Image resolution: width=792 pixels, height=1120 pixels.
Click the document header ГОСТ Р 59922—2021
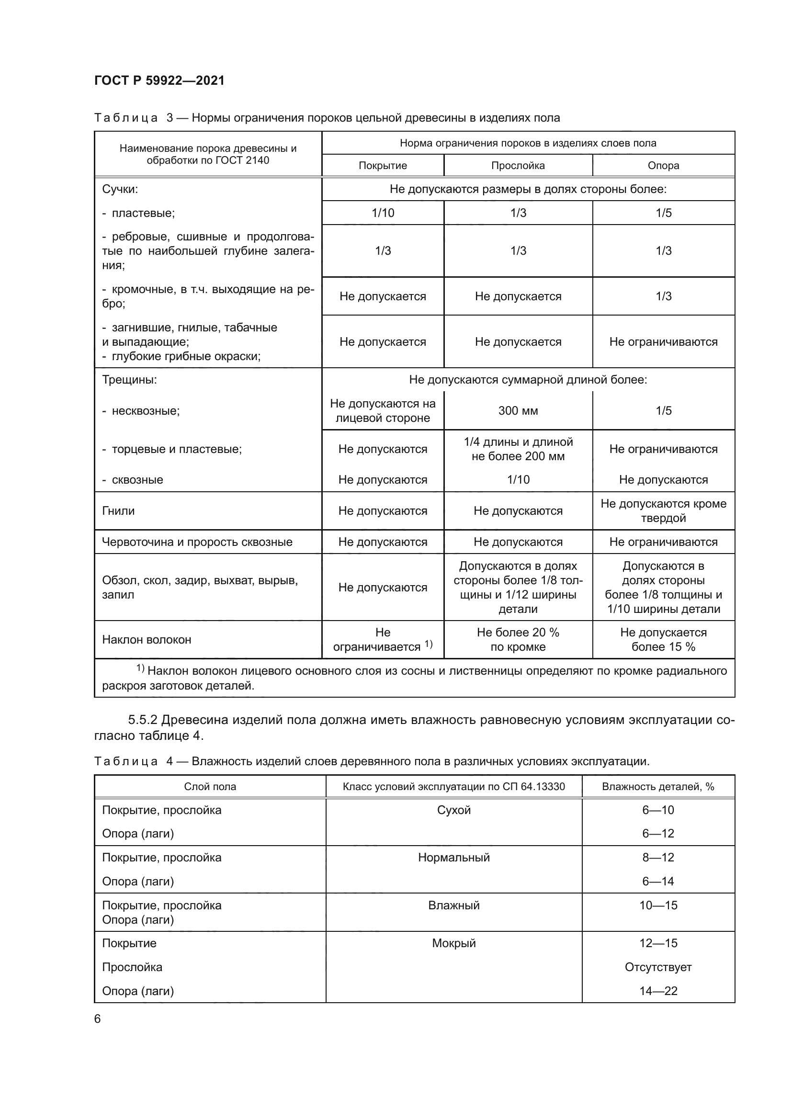click(159, 80)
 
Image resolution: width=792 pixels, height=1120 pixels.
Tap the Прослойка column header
click(518, 165)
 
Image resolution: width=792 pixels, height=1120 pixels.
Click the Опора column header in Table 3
click(663, 165)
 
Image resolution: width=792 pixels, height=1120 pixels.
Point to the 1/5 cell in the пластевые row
click(663, 213)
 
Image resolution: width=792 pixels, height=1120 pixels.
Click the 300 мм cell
click(518, 411)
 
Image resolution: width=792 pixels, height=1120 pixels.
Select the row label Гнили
click(118, 511)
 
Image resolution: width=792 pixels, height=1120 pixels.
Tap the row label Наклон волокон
click(147, 640)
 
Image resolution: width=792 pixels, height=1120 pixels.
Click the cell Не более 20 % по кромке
click(518, 640)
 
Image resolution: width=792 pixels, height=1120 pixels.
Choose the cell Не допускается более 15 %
click(663, 640)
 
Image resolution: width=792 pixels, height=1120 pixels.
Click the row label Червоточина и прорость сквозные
click(197, 542)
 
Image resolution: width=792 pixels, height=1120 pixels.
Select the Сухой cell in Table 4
click(453, 810)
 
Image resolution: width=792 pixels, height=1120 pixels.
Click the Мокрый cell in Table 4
click(453, 943)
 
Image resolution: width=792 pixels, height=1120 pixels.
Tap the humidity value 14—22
click(658, 991)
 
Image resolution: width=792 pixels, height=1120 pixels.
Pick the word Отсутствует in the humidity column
click(658, 967)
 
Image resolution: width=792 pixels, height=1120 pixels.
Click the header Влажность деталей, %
click(658, 786)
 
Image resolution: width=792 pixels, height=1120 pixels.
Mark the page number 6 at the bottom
click(98, 1019)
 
